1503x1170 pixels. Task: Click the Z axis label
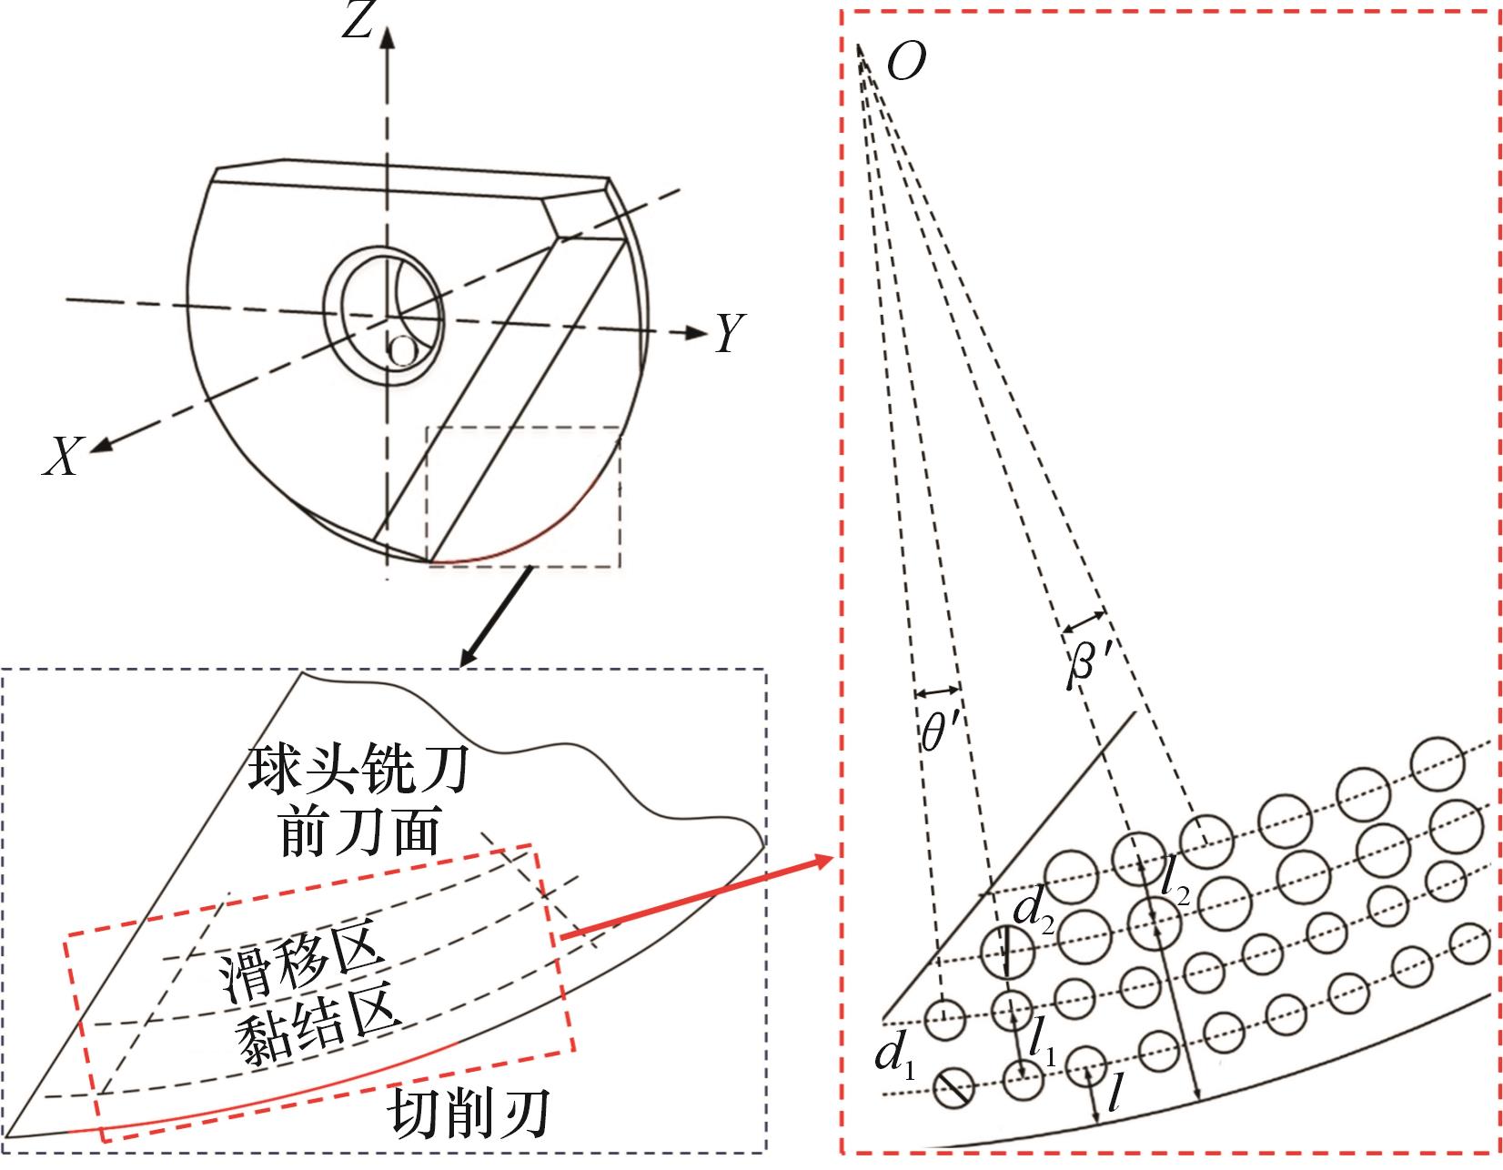point(356,23)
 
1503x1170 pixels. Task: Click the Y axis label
point(730,333)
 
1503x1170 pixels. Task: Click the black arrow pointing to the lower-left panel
point(495,618)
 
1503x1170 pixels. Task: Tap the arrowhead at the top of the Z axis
point(388,36)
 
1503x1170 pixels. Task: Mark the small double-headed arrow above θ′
point(936,690)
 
